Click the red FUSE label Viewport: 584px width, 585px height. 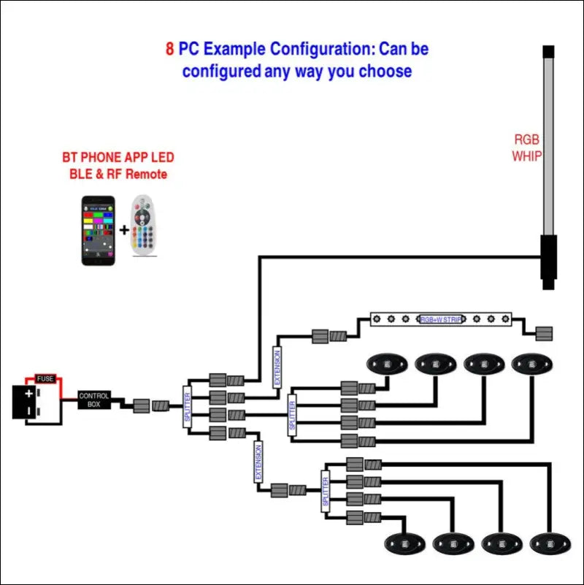pyautogui.click(x=45, y=379)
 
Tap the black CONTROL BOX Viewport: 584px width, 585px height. pyautogui.click(x=94, y=399)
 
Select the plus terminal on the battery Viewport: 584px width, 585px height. pyautogui.click(x=28, y=394)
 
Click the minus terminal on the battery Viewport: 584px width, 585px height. pyautogui.click(x=28, y=411)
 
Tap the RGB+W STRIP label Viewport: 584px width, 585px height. pyautogui.click(x=440, y=319)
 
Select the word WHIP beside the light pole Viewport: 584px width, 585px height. pyautogui.click(x=527, y=156)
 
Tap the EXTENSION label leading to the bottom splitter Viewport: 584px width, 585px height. pyautogui.click(x=258, y=462)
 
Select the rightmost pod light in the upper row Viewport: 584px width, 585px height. pyautogui.click(x=531, y=363)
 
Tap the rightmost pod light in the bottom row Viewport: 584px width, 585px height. pyautogui.click(x=549, y=543)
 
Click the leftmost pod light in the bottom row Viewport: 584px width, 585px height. pyautogui.click(x=404, y=543)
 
